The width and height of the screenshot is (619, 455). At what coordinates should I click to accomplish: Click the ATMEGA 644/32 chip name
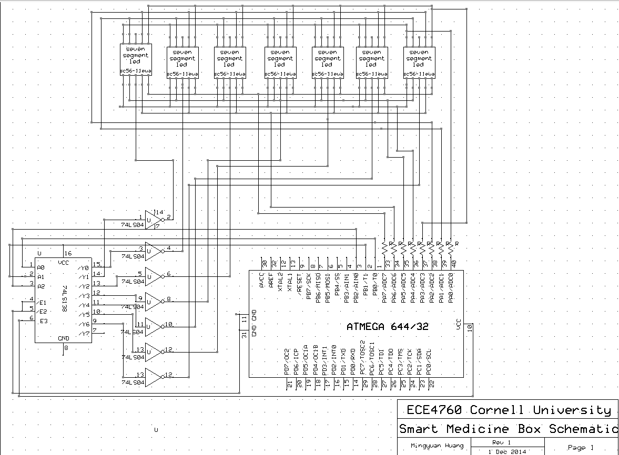(388, 326)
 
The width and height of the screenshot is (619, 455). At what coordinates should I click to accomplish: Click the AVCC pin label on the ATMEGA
(262, 281)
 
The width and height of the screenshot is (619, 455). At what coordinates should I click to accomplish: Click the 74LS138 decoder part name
(63, 300)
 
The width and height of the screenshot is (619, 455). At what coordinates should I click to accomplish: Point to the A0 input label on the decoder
(41, 267)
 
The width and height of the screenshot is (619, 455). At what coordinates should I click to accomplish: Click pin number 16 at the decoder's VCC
(68, 254)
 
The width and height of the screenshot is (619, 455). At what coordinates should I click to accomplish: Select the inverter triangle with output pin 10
(152, 326)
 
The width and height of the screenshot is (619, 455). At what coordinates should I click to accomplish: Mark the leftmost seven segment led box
(136, 60)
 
